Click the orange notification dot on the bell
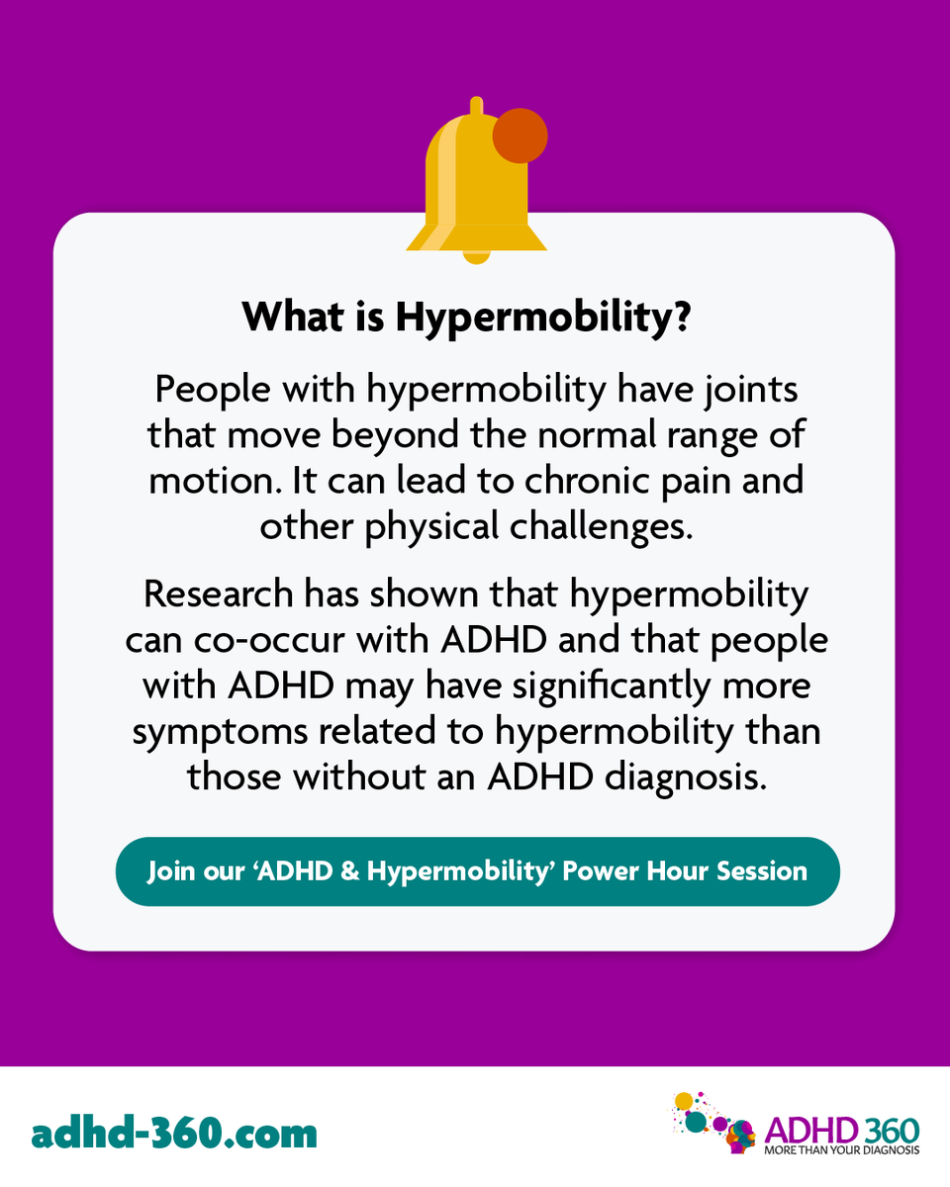pos(520,136)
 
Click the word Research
pos(218,593)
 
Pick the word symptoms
pos(210,731)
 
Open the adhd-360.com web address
pos(174,1132)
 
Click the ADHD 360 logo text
pos(841,1131)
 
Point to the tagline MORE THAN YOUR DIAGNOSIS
pos(841,1150)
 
